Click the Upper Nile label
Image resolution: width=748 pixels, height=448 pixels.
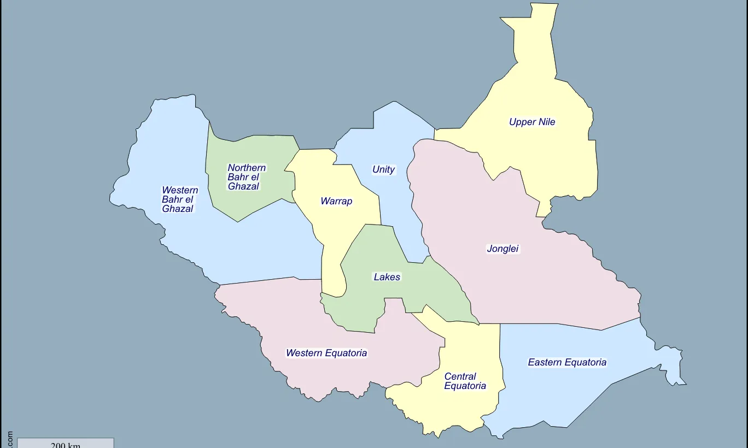point(532,122)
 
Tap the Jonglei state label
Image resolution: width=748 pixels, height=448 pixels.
point(502,249)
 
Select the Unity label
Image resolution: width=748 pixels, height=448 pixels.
point(383,169)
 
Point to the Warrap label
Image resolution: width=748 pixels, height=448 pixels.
point(336,201)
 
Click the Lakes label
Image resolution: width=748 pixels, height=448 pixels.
point(387,277)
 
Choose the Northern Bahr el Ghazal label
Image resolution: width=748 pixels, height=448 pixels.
point(247,177)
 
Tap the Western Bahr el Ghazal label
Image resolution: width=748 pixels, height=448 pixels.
point(179,199)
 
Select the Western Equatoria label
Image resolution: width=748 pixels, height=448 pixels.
point(326,353)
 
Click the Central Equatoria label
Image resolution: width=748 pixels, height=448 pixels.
point(465,381)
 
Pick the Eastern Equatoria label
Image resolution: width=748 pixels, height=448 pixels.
point(567,362)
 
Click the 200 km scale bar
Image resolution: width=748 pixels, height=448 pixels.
point(66,443)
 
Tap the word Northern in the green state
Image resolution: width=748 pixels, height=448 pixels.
point(247,168)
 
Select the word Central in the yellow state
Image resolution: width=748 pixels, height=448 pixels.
point(460,376)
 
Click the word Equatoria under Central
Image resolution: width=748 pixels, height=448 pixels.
point(465,386)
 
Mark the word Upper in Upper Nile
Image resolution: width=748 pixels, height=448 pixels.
point(521,122)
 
